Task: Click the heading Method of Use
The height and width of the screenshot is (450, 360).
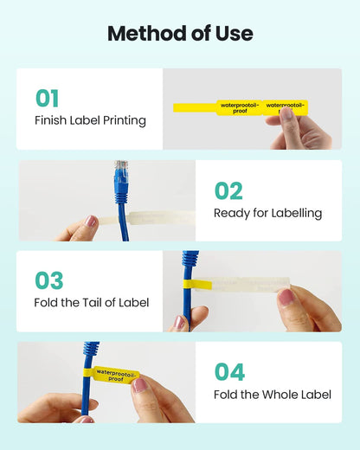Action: (180, 34)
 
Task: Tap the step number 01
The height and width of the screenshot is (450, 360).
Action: (47, 98)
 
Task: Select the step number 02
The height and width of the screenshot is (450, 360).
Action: (228, 190)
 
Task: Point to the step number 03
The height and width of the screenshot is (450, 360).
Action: (48, 280)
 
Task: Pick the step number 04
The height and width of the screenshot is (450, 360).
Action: (229, 371)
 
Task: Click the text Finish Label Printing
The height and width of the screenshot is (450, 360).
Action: (90, 120)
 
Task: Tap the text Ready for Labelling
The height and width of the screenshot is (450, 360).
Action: (268, 214)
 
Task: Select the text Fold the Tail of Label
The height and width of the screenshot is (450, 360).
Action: (92, 303)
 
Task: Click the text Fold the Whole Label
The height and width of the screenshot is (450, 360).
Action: (273, 395)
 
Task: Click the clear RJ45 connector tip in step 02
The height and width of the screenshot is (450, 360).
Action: (121, 167)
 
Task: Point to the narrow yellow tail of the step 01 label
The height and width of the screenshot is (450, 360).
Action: (195, 107)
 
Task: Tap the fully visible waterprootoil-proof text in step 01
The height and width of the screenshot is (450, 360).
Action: (240, 108)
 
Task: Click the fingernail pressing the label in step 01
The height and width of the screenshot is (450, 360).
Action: (286, 113)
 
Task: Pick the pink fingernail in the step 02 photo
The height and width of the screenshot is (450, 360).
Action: (91, 221)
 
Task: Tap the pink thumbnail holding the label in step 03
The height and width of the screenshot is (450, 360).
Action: (286, 297)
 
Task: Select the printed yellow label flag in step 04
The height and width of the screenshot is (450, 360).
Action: (116, 376)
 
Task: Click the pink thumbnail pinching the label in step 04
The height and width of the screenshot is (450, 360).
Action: (140, 385)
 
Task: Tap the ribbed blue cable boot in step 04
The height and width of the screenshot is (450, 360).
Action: (91, 349)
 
